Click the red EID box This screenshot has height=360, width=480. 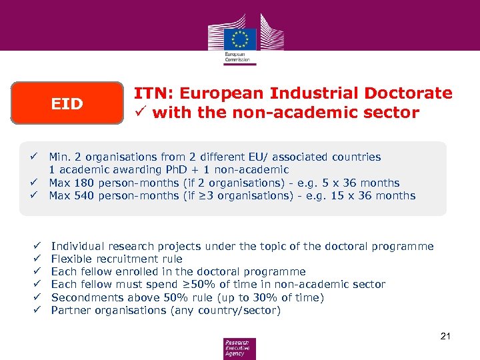click(67, 103)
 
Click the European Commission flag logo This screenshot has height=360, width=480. click(239, 38)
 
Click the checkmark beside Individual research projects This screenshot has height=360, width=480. click(37, 246)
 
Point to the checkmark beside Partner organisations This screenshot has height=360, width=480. click(37, 310)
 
